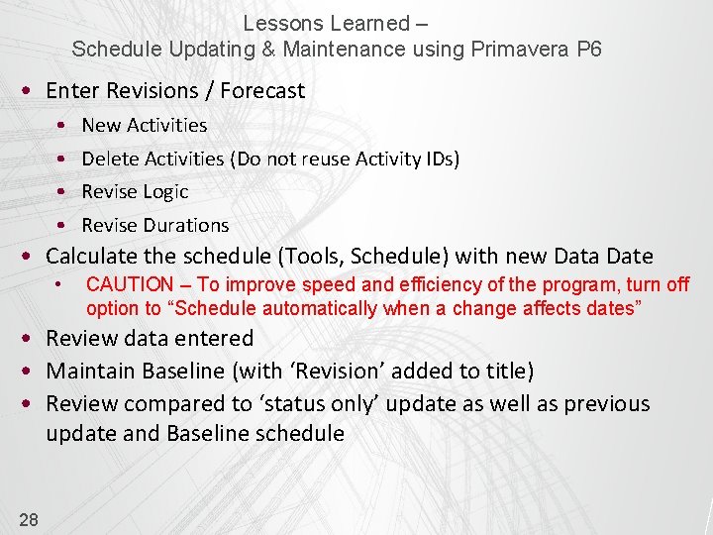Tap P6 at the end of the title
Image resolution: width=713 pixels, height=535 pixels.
[x=588, y=49]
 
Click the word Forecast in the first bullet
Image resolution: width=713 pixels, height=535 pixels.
[x=262, y=91]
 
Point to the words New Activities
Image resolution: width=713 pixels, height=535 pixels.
[x=145, y=126]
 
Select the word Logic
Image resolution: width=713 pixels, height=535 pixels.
[x=164, y=192]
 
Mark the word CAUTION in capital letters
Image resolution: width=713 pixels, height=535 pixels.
[x=130, y=285]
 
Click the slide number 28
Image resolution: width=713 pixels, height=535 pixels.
[x=28, y=518]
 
